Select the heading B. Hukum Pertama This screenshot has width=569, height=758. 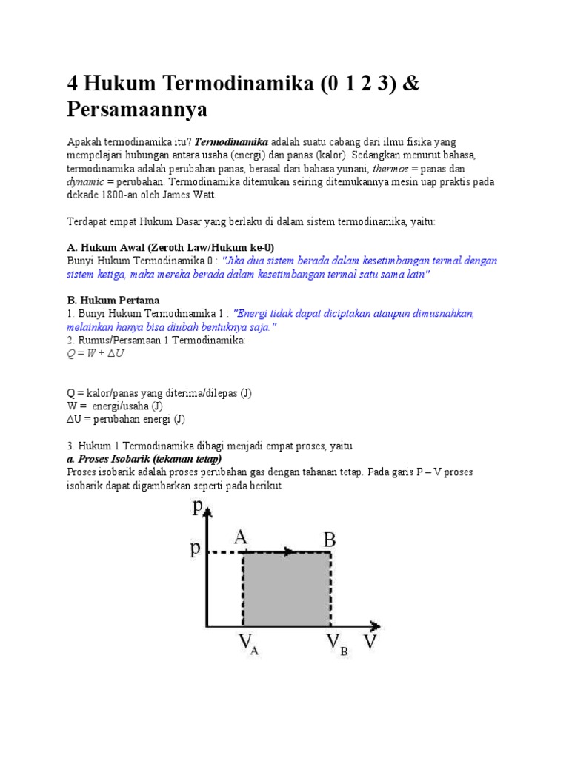tap(113, 300)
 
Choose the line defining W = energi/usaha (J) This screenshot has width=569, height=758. tap(115, 406)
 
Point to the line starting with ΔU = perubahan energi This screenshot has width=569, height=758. tap(126, 419)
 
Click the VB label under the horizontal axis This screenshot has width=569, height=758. tap(335, 645)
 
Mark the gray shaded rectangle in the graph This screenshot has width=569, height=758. tap(287, 589)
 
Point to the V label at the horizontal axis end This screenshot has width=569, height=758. tap(370, 641)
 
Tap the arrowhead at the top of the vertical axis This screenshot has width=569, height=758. tap(210, 512)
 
